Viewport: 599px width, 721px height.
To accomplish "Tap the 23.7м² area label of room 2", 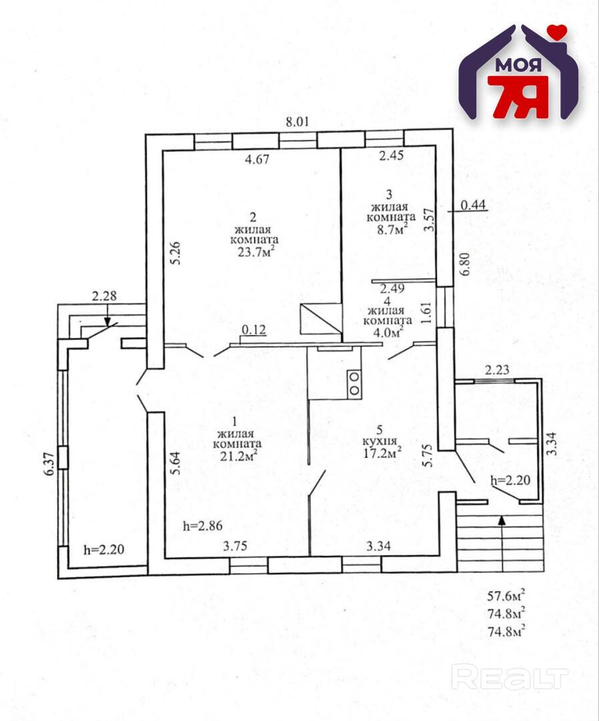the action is [x=254, y=252].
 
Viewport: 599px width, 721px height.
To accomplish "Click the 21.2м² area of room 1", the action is [x=237, y=455].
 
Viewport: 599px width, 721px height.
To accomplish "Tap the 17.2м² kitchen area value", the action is [x=381, y=453].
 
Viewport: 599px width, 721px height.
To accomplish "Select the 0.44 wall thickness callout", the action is [x=473, y=206].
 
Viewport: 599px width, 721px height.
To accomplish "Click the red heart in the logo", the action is [x=558, y=31].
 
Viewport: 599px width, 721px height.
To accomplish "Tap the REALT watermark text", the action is [x=510, y=677].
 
